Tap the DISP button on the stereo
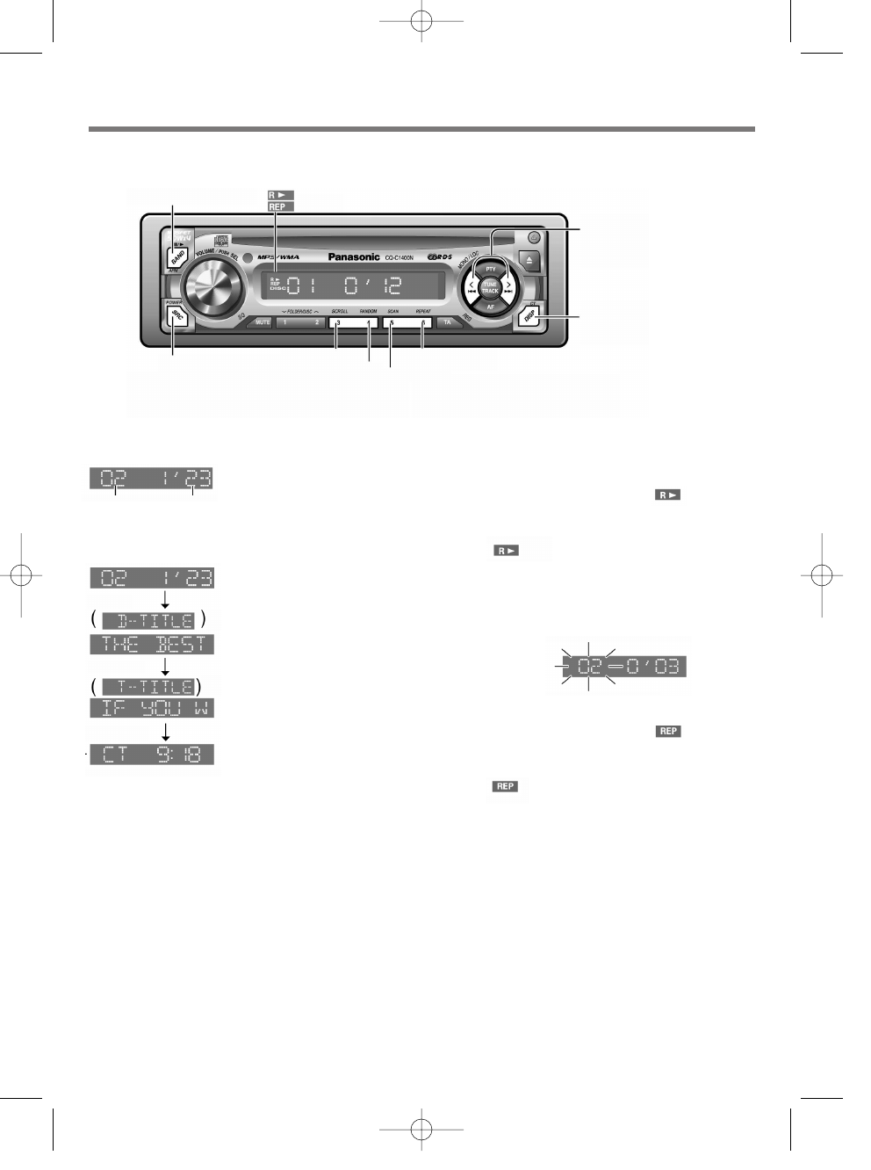529,317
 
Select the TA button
447,322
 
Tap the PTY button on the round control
491,268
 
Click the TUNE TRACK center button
490,287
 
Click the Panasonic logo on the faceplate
354,257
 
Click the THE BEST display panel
151,644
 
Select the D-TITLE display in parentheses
148,621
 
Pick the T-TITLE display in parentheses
147,686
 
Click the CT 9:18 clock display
151,755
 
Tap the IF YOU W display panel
151,708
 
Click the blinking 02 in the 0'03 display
588,668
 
